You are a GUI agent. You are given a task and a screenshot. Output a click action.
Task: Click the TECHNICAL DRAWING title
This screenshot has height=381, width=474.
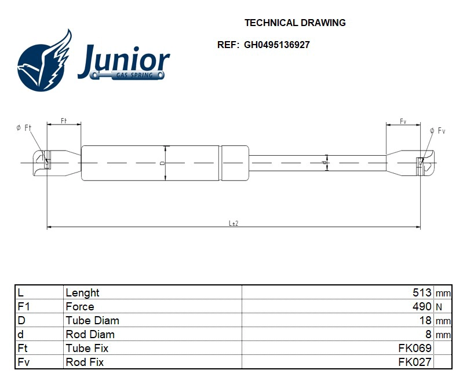click(x=295, y=23)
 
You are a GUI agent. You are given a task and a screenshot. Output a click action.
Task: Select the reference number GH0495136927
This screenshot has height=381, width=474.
click(x=276, y=45)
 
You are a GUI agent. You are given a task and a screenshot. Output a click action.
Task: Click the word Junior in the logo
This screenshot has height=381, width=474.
click(x=123, y=61)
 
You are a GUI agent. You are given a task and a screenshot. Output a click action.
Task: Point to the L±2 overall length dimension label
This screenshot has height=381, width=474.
click(x=234, y=223)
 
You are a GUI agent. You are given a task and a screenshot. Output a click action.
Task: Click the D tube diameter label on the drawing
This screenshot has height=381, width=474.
click(x=163, y=163)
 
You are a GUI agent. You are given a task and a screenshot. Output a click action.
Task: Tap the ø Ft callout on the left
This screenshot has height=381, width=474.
click(x=24, y=128)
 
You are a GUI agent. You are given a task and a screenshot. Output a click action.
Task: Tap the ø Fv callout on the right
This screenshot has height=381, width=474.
click(x=437, y=131)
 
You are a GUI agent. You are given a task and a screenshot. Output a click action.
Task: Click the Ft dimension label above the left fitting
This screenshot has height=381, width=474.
click(x=64, y=120)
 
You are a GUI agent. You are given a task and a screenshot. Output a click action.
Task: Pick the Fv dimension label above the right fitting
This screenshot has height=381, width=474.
click(x=403, y=120)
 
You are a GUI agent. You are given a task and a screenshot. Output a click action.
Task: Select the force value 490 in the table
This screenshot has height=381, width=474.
click(x=422, y=307)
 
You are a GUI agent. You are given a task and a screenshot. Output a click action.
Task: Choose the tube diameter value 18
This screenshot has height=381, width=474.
click(x=425, y=321)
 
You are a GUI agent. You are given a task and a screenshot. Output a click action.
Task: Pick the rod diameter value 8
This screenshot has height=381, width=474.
click(x=428, y=335)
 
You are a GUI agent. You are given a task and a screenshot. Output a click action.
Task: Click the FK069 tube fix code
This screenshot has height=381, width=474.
click(x=415, y=349)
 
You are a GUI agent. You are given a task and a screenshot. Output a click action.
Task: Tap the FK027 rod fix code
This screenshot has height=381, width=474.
click(x=415, y=362)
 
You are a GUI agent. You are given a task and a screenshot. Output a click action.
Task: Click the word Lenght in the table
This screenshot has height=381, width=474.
click(x=82, y=293)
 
